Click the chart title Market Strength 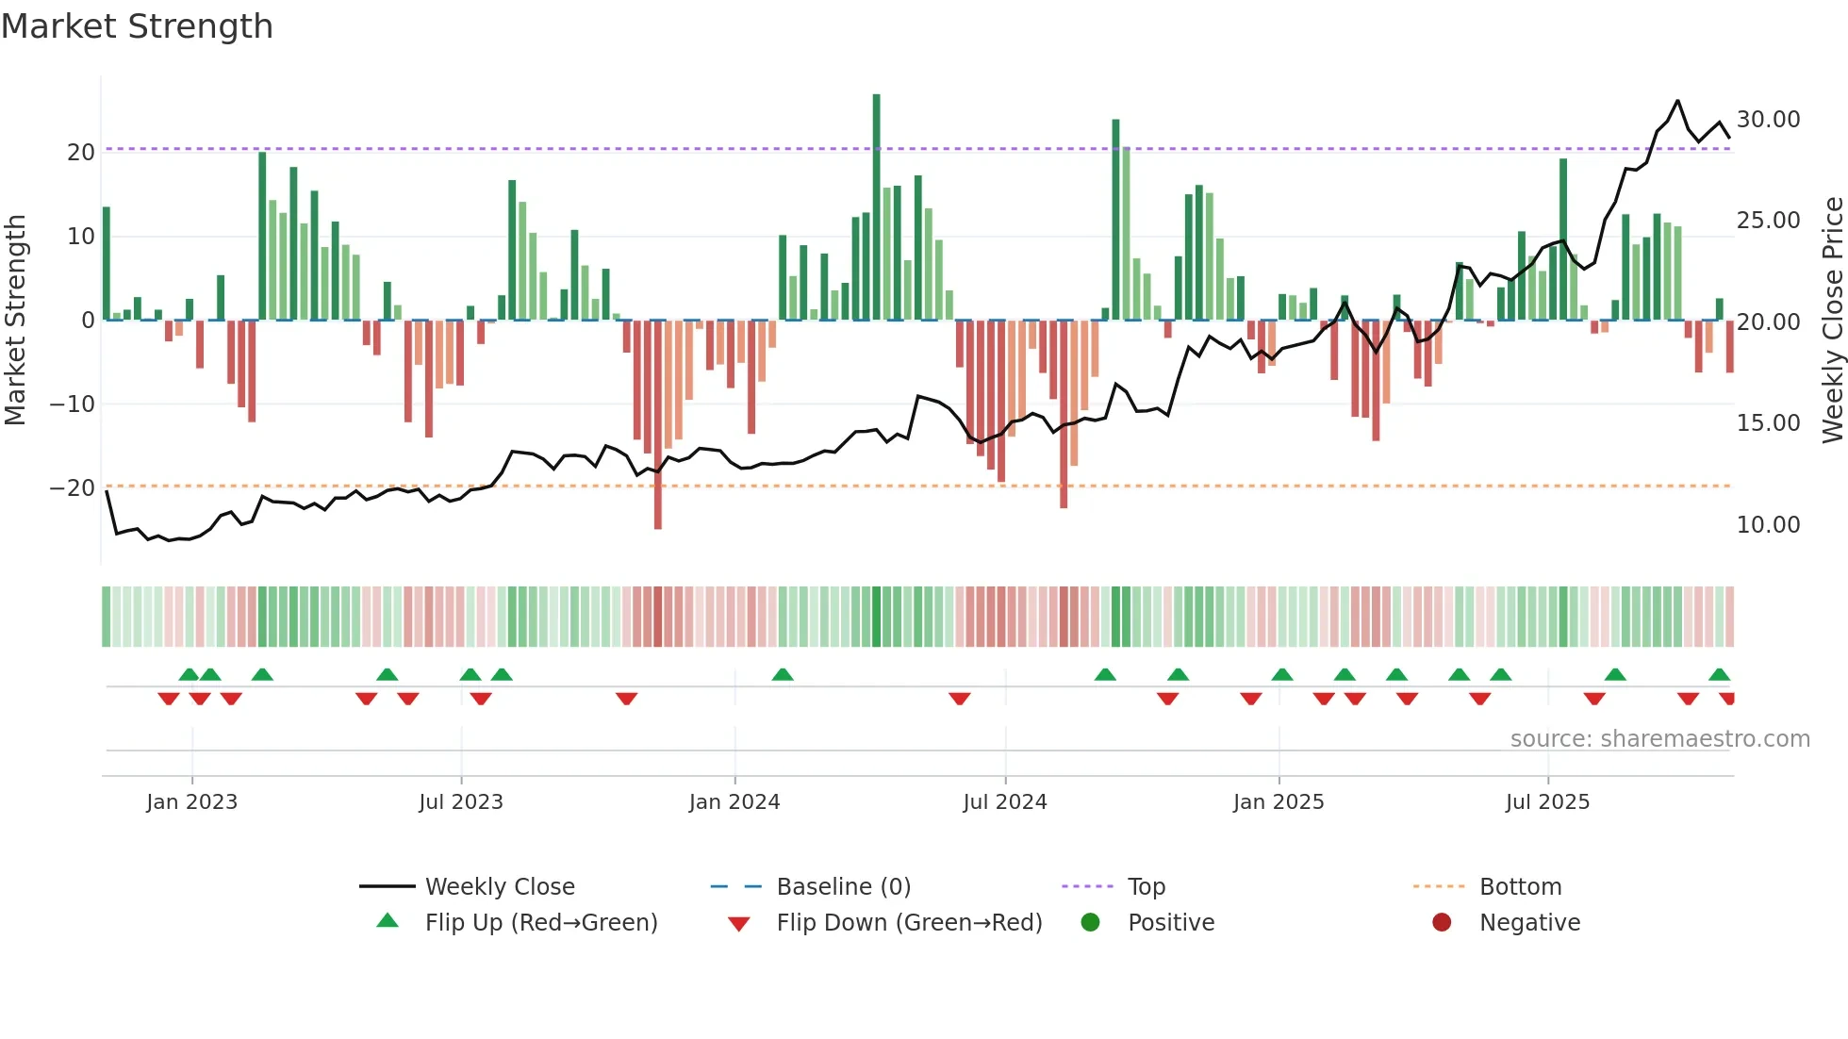(137, 26)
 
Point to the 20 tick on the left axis (81, 153)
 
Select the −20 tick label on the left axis (73, 488)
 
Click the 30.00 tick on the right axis (1768, 120)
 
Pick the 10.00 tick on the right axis (1768, 525)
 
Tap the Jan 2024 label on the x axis (734, 802)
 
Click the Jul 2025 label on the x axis (1547, 802)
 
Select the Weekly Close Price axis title (1832, 321)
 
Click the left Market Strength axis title (15, 321)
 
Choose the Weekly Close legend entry (499, 887)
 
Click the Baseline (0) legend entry (843, 887)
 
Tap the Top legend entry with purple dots (1146, 887)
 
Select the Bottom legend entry (1520, 887)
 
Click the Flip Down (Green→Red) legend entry (909, 923)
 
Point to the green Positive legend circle (1090, 923)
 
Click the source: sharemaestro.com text (1659, 739)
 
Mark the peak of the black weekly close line (1677, 101)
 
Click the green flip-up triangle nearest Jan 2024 (782, 674)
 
